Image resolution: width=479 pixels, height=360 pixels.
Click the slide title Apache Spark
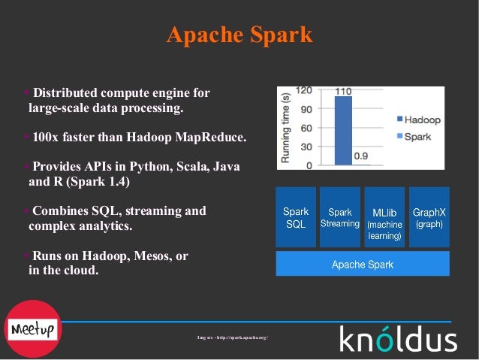(x=239, y=35)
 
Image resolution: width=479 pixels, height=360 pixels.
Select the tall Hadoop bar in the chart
(x=342, y=132)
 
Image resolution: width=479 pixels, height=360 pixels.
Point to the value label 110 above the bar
(x=343, y=92)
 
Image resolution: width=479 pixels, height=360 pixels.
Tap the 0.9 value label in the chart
(x=361, y=157)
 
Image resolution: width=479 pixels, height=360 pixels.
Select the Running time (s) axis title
(x=285, y=126)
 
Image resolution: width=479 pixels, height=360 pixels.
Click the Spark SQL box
(x=296, y=218)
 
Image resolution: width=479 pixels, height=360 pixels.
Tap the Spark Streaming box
(x=340, y=218)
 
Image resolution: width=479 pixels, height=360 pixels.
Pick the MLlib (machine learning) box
(x=384, y=224)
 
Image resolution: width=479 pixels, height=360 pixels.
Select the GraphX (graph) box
(x=429, y=218)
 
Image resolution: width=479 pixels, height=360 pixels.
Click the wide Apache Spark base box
(x=363, y=265)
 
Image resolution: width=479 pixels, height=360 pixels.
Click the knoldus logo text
(x=398, y=339)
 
